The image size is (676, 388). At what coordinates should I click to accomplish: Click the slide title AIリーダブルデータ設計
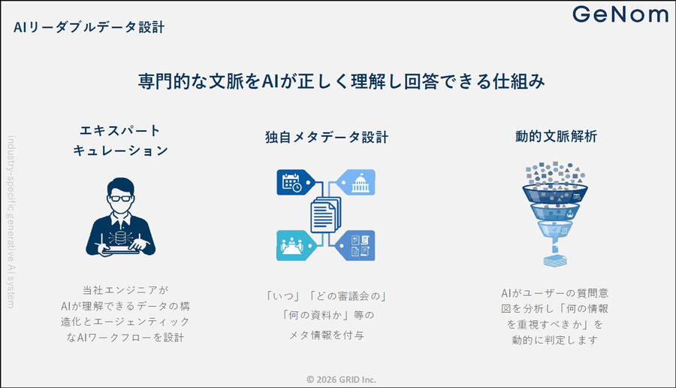89,27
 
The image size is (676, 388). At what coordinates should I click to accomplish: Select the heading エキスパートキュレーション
120,141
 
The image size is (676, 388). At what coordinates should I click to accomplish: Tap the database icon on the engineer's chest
121,236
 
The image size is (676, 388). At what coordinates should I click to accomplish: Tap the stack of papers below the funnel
555,260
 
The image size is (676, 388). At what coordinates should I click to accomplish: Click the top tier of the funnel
555,193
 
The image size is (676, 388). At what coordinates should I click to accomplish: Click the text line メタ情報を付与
327,335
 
